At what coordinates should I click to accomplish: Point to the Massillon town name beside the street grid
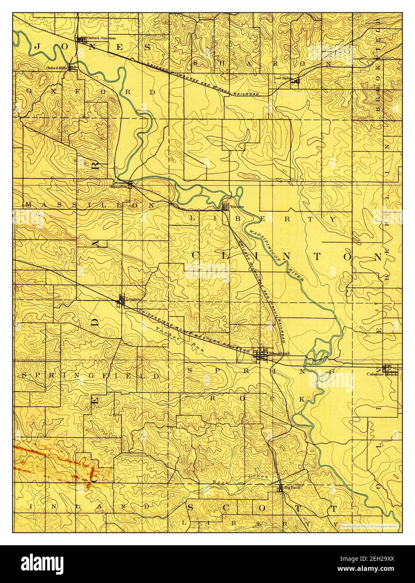point(119,187)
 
